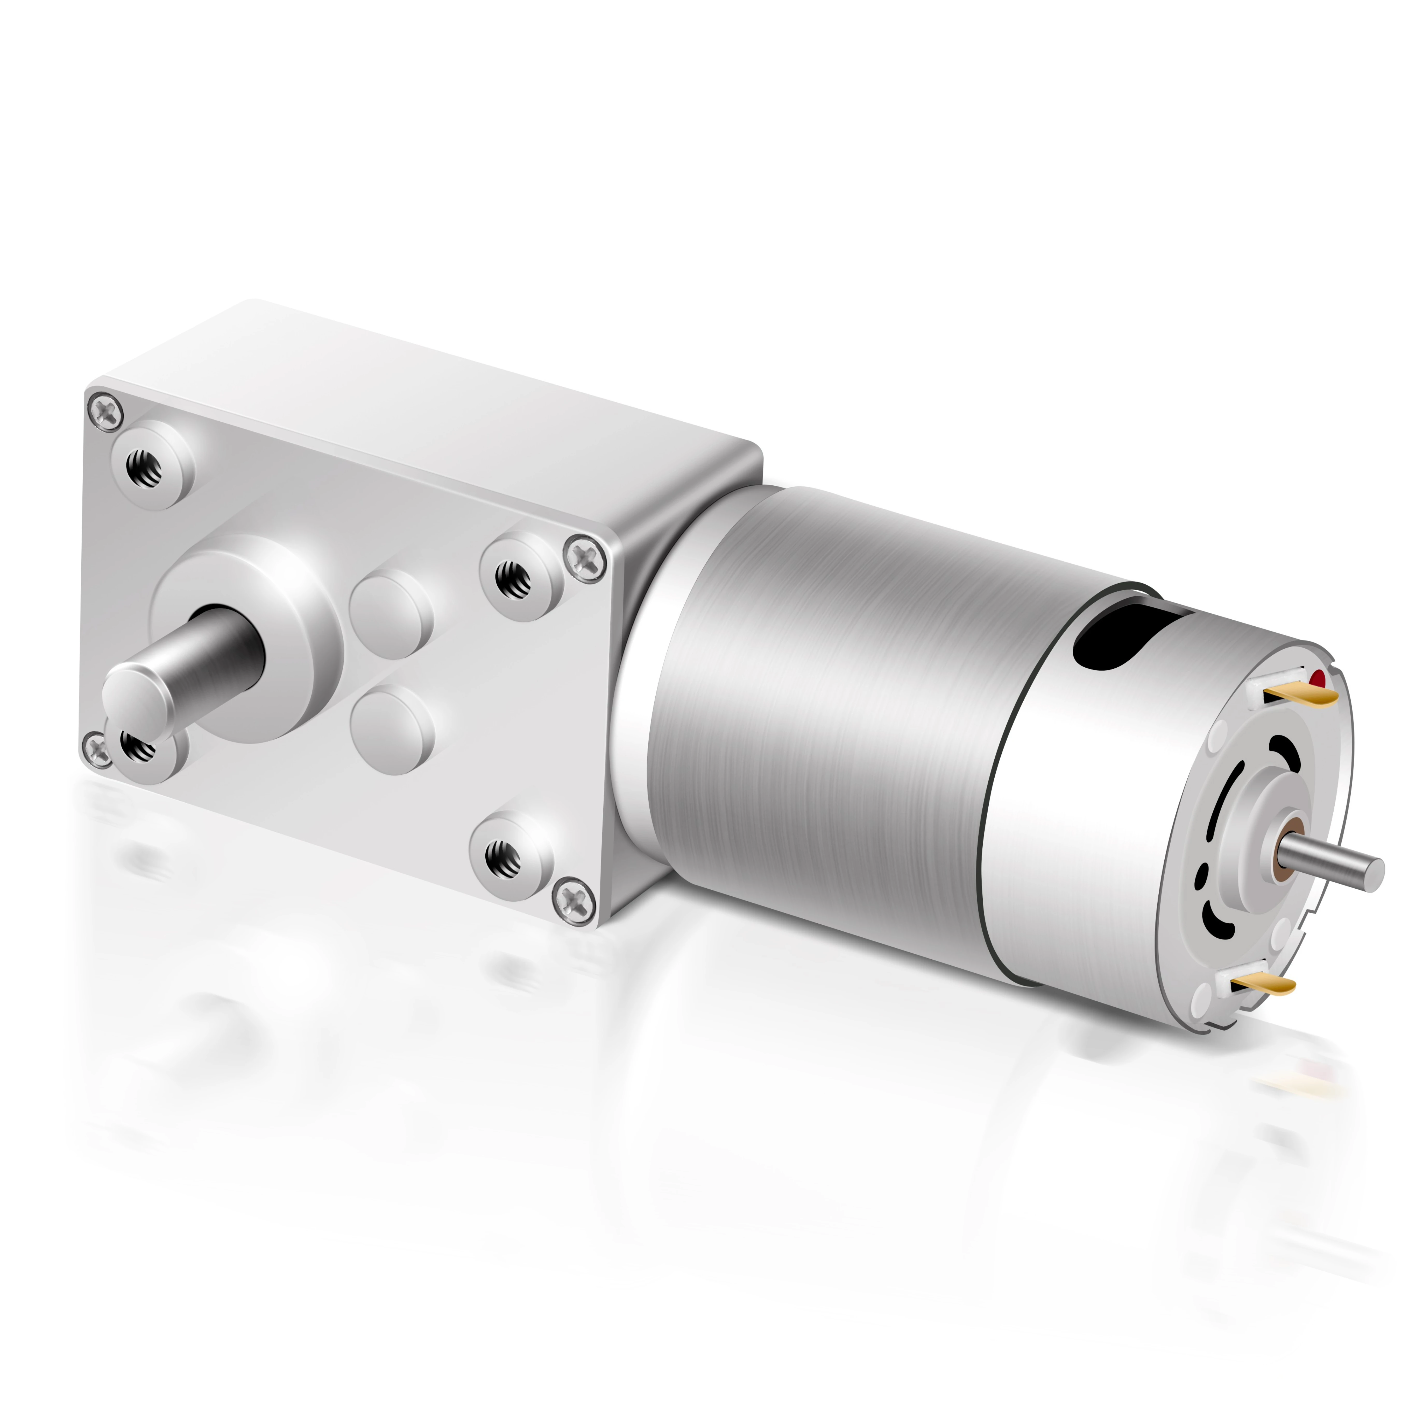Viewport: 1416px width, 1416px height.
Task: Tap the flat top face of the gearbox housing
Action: click(440, 396)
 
